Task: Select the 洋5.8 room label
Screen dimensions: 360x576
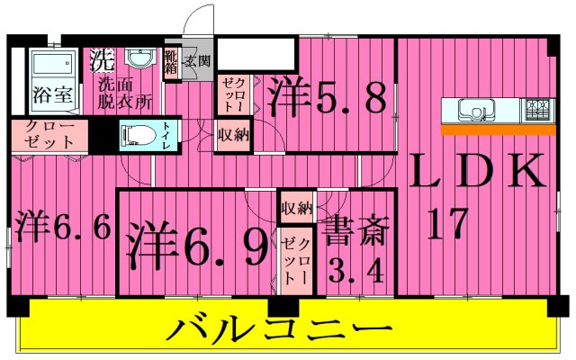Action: pyautogui.click(x=328, y=94)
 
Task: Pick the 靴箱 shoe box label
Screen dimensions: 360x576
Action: pyautogui.click(x=171, y=61)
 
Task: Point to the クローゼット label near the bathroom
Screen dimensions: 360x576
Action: pyautogui.click(x=49, y=134)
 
